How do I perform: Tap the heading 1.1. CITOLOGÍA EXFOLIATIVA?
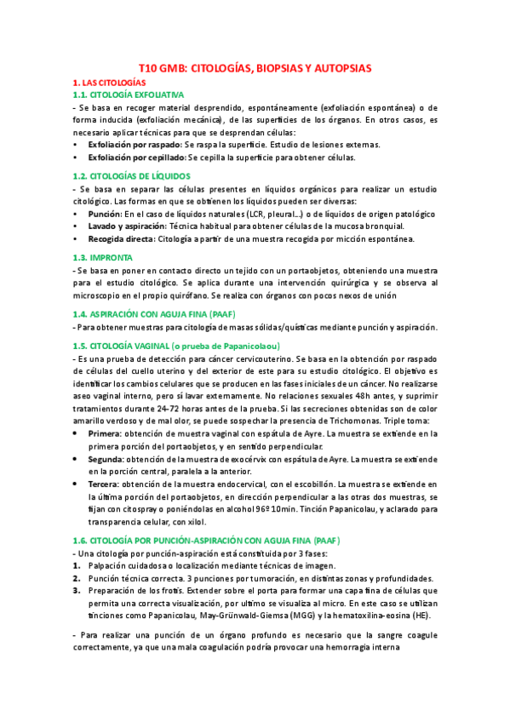(135, 95)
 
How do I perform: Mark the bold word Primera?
(105, 434)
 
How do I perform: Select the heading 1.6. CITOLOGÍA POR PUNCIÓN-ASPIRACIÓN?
(196, 540)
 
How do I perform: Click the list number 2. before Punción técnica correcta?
(76, 577)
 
